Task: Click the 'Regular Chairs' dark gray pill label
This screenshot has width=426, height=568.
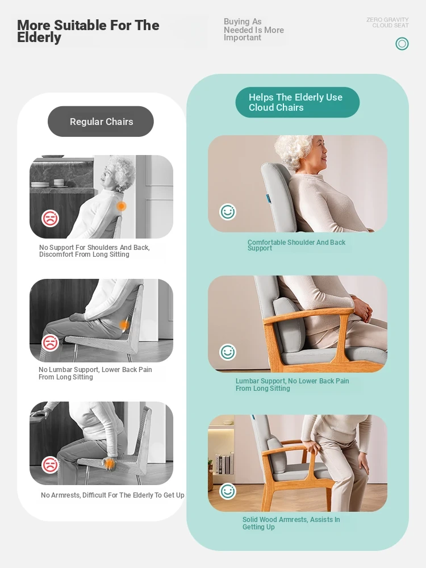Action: pyautogui.click(x=101, y=122)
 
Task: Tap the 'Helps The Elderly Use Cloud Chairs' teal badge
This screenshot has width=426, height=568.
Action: pyautogui.click(x=298, y=102)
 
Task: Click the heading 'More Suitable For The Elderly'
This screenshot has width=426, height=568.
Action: pyautogui.click(x=88, y=31)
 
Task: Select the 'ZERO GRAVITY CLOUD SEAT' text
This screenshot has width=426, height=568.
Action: pyautogui.click(x=387, y=23)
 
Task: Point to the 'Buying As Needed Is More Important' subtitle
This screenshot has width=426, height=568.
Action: pyautogui.click(x=253, y=30)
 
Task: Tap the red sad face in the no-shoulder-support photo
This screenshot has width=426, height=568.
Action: pyautogui.click(x=50, y=219)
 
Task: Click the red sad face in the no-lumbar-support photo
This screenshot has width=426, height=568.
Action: pyautogui.click(x=50, y=343)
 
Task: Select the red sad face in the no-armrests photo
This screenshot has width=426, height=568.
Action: pyautogui.click(x=50, y=465)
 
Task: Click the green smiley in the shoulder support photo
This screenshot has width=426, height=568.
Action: pyautogui.click(x=228, y=211)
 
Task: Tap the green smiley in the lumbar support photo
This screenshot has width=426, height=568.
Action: pyautogui.click(x=228, y=352)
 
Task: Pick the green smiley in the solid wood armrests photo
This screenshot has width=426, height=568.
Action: pyautogui.click(x=228, y=491)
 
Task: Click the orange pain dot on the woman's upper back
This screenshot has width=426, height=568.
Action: pyautogui.click(x=122, y=206)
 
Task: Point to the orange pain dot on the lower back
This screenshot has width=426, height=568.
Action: pyautogui.click(x=124, y=325)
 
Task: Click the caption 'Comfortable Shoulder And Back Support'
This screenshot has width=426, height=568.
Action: pyautogui.click(x=296, y=245)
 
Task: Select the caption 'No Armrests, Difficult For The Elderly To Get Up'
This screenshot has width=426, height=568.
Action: pyautogui.click(x=112, y=495)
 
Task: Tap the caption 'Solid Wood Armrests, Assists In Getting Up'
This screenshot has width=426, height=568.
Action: pyautogui.click(x=291, y=523)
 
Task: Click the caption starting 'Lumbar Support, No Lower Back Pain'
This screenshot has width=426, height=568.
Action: pyautogui.click(x=293, y=385)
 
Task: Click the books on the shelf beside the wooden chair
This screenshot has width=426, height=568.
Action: pyautogui.click(x=222, y=463)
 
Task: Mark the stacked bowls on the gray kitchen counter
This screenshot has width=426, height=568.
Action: pyautogui.click(x=59, y=182)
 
